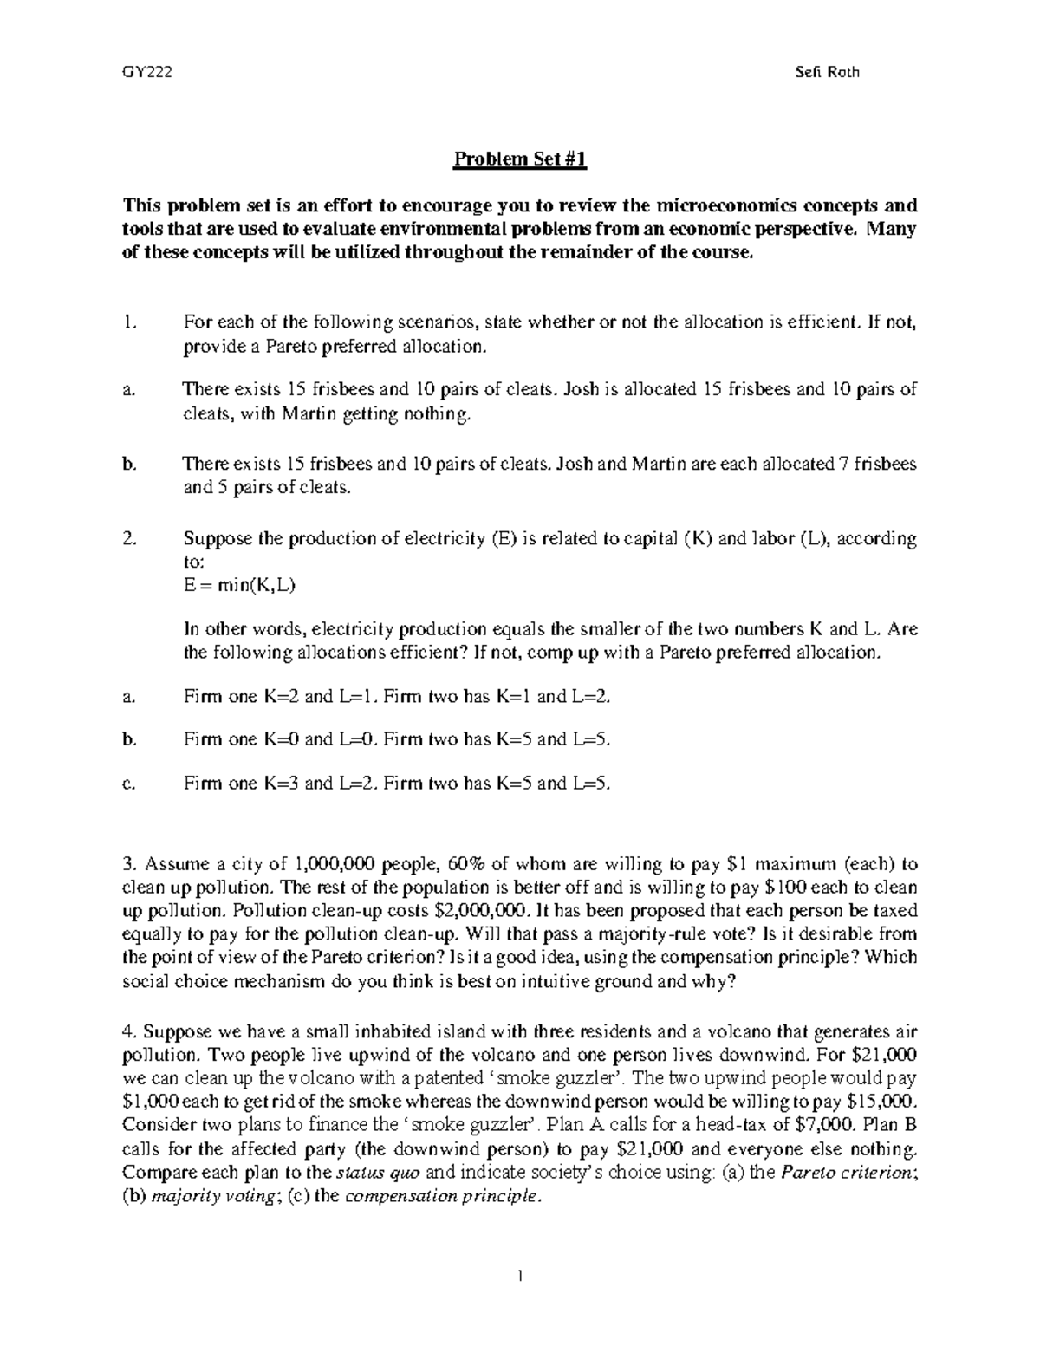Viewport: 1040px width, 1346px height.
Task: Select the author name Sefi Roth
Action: coord(827,73)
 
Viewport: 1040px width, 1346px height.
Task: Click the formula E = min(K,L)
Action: coord(240,584)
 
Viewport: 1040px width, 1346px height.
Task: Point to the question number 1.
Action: coord(128,322)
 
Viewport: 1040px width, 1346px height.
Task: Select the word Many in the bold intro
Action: coord(892,230)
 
